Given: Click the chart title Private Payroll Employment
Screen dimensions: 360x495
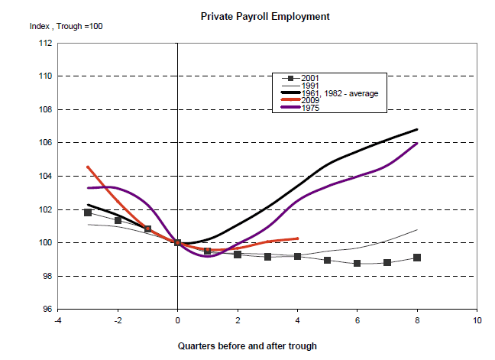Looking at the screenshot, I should (254, 15).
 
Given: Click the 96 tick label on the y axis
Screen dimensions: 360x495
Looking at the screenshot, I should (47, 310).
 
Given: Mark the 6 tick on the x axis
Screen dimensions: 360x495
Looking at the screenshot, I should (357, 319).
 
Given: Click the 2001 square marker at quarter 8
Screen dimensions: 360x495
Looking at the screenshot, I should (417, 258).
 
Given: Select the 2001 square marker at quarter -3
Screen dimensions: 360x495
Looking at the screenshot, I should (88, 212).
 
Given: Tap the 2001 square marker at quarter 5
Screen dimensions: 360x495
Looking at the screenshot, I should (327, 260).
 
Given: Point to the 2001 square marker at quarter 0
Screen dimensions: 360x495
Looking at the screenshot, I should (178, 243).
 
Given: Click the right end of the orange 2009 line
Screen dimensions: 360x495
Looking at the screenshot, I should (297, 238).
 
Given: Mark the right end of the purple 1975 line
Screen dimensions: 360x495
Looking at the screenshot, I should (417, 143).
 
